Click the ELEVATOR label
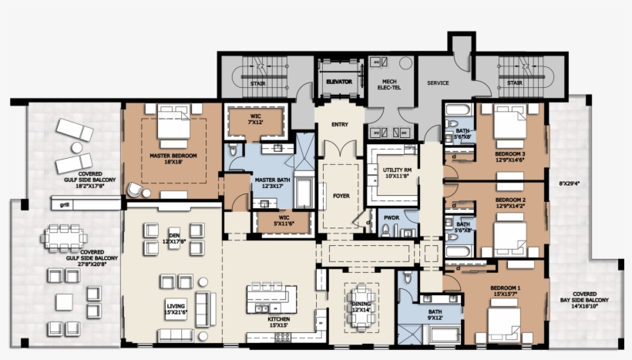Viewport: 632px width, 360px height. click(339, 80)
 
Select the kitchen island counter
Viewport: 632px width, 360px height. click(271, 298)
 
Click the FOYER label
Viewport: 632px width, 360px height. click(341, 196)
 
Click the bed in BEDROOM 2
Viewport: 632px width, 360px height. click(509, 240)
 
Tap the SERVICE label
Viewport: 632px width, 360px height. click(439, 82)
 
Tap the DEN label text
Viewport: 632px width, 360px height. click(173, 238)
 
